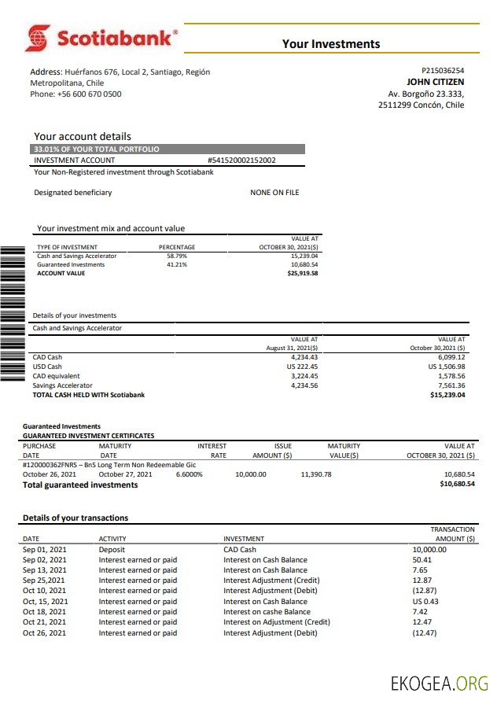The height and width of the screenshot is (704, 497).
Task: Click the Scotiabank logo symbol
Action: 37,37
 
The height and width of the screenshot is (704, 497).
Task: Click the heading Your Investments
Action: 331,44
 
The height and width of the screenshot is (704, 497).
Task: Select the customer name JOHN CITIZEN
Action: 435,82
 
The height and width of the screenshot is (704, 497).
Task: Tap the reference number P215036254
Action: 443,70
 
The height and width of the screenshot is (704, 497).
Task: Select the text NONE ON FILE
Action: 274,193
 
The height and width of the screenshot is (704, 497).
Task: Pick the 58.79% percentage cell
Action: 177,256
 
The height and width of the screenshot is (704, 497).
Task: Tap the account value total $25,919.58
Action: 303,273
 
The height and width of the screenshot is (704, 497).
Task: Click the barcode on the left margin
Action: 13,313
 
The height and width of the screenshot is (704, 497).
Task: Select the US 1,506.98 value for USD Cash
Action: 446,367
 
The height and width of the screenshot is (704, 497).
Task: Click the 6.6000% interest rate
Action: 188,474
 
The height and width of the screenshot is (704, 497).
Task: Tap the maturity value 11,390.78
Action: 316,474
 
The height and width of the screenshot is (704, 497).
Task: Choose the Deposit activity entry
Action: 112,550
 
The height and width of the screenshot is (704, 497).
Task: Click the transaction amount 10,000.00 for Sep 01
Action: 429,550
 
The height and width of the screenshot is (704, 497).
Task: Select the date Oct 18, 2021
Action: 45,612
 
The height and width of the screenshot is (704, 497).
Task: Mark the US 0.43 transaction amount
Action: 425,602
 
